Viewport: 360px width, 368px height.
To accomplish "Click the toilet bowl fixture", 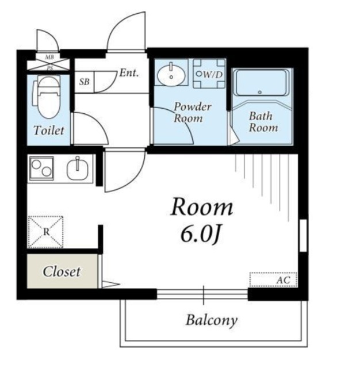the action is [x=48, y=97].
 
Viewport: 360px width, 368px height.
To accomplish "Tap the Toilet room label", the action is [x=49, y=131].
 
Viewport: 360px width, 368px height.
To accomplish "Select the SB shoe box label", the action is [x=84, y=82].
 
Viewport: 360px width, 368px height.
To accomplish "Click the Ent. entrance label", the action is [x=129, y=73].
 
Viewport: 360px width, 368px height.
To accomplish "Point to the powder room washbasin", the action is [x=171, y=74].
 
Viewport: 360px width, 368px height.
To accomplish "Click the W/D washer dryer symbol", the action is [x=209, y=74].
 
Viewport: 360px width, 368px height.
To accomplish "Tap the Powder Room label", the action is [x=192, y=113].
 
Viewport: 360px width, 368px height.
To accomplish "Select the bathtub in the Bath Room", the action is [x=262, y=82].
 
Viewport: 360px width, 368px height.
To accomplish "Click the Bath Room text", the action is [x=263, y=122].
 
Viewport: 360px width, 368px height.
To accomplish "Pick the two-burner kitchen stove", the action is [x=41, y=168].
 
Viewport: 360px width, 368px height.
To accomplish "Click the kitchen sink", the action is [x=78, y=168].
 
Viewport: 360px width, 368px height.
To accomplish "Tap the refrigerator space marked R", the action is [x=46, y=232].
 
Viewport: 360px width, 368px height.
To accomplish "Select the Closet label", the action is [x=62, y=272].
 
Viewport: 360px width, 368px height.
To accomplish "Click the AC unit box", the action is [x=273, y=279].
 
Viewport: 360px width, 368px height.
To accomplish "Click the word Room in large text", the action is [x=202, y=207].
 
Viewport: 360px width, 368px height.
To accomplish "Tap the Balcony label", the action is [x=212, y=320].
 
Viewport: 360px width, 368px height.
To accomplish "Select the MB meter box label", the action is [x=49, y=57].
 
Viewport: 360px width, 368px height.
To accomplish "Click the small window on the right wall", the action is [x=303, y=235].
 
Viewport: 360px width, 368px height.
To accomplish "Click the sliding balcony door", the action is [x=202, y=294].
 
